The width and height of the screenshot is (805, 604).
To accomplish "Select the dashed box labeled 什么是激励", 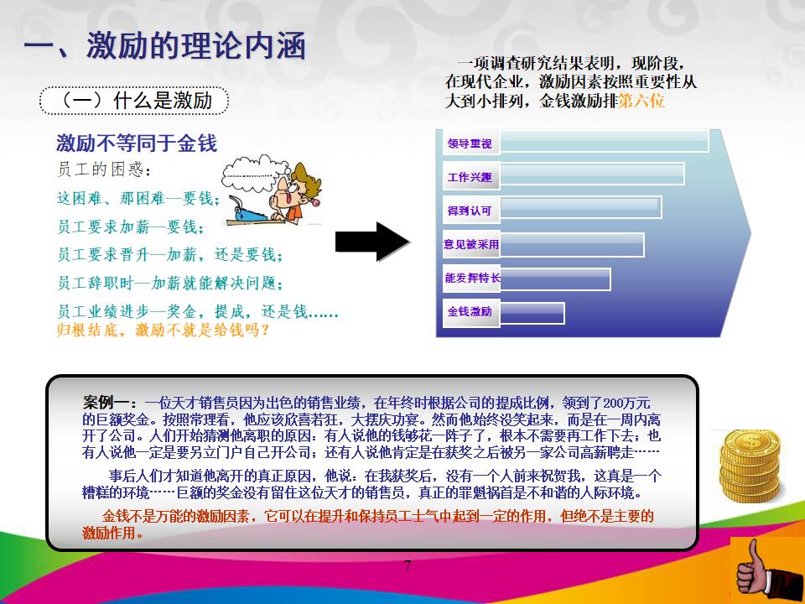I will (x=134, y=101).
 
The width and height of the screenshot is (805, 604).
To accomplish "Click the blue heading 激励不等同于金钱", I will (x=137, y=143).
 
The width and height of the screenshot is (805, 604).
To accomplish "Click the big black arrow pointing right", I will (x=372, y=242).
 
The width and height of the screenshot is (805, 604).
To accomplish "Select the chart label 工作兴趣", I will (x=470, y=177).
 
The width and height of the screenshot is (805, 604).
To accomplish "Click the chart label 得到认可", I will (x=470, y=210).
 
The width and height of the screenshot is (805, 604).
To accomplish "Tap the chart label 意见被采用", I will (x=470, y=244).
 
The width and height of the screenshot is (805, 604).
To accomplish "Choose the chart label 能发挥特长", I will (x=470, y=278).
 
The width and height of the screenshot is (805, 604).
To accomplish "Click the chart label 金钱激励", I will (x=470, y=311).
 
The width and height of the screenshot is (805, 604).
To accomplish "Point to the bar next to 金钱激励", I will (x=532, y=312).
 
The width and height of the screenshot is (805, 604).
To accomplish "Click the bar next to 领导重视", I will (x=604, y=141).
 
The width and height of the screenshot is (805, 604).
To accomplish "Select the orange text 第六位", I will (x=641, y=101).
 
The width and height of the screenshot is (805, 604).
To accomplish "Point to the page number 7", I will (x=408, y=565).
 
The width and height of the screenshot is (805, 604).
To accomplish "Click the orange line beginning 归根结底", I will (x=164, y=330).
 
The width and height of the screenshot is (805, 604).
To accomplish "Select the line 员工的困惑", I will (x=105, y=170).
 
